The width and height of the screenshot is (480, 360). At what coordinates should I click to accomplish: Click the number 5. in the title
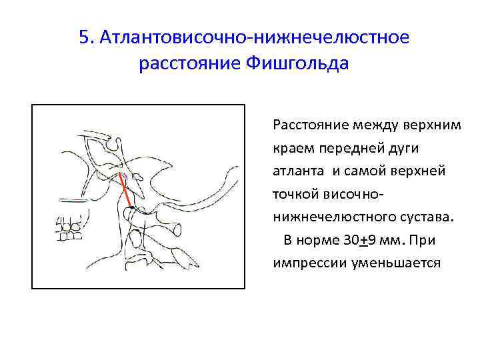pyautogui.click(x=86, y=37)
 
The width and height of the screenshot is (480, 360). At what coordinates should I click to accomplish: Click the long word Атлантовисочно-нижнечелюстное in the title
pyautogui.click(x=253, y=37)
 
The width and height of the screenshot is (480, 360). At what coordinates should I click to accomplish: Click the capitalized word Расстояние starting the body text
pyautogui.click(x=307, y=125)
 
